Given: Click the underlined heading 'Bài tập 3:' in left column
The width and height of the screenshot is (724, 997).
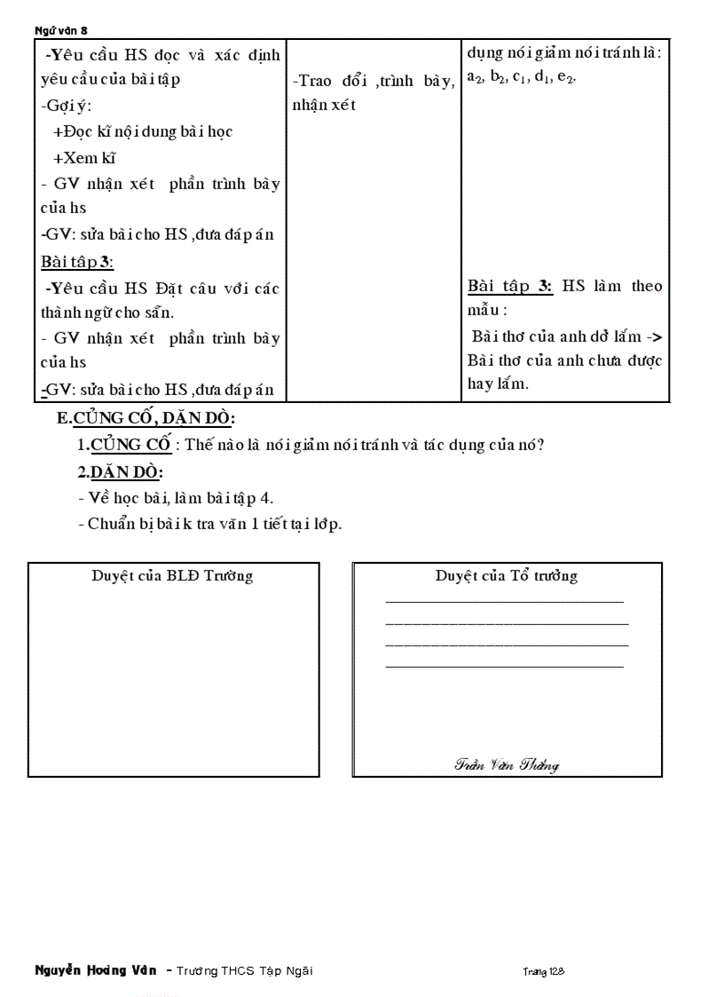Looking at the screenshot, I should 77,262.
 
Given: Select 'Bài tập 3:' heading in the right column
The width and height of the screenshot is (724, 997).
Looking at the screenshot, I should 510,286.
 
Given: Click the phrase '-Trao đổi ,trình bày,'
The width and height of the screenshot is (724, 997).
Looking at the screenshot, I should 373,81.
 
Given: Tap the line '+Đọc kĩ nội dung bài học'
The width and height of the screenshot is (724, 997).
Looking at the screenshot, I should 143,131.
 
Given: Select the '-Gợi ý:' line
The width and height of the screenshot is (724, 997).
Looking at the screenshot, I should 65,106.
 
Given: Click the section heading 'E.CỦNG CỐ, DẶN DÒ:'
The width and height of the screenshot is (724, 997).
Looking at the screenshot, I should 146,418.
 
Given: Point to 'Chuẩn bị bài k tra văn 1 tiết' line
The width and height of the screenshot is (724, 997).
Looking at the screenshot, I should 209,523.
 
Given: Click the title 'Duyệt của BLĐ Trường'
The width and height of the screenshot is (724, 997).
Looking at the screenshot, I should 172,575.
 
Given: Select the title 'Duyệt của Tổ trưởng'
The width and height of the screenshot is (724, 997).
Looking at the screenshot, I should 506,575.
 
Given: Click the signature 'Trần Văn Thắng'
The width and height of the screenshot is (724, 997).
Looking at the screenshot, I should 506,764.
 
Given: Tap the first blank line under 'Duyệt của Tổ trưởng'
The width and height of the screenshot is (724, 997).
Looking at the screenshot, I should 504,602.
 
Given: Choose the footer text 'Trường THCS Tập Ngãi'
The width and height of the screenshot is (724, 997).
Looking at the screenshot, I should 244,970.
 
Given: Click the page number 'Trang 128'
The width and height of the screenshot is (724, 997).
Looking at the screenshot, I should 543,971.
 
